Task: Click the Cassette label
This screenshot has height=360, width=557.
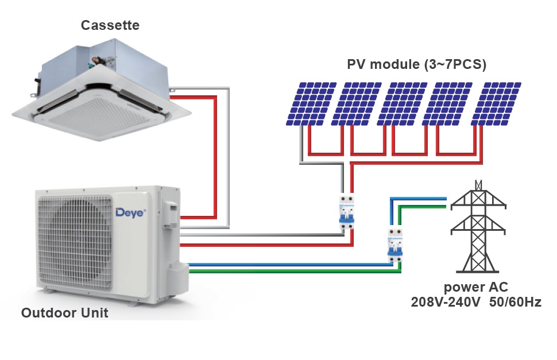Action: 110,25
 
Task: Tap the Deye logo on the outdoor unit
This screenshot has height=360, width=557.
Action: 130,212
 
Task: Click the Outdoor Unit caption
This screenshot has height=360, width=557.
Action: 65,313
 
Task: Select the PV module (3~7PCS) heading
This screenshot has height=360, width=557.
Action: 416,65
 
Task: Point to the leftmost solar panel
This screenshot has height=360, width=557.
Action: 311,104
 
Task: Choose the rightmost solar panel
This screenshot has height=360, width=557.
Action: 496,104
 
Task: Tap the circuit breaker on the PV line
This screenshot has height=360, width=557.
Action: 347,212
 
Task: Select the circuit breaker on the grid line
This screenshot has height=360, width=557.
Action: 395,246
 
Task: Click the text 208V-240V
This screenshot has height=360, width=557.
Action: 446,302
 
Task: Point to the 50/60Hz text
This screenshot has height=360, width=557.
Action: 515,302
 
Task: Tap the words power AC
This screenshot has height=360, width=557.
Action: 475,287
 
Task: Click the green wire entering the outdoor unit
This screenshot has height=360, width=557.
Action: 295,272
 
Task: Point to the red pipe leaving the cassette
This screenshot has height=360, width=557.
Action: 215,157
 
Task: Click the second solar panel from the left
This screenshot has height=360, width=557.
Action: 356,104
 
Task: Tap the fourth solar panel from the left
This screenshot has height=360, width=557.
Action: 447,104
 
